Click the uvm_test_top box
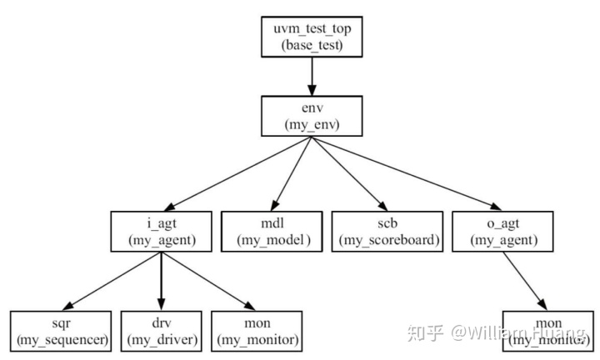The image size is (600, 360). coord(312,37)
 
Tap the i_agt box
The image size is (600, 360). coord(161,231)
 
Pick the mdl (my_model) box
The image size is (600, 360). coord(272,231)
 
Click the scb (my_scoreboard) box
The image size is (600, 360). coord(387,231)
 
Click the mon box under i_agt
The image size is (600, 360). coord(257,330)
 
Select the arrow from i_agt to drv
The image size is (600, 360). coord(160,279)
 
